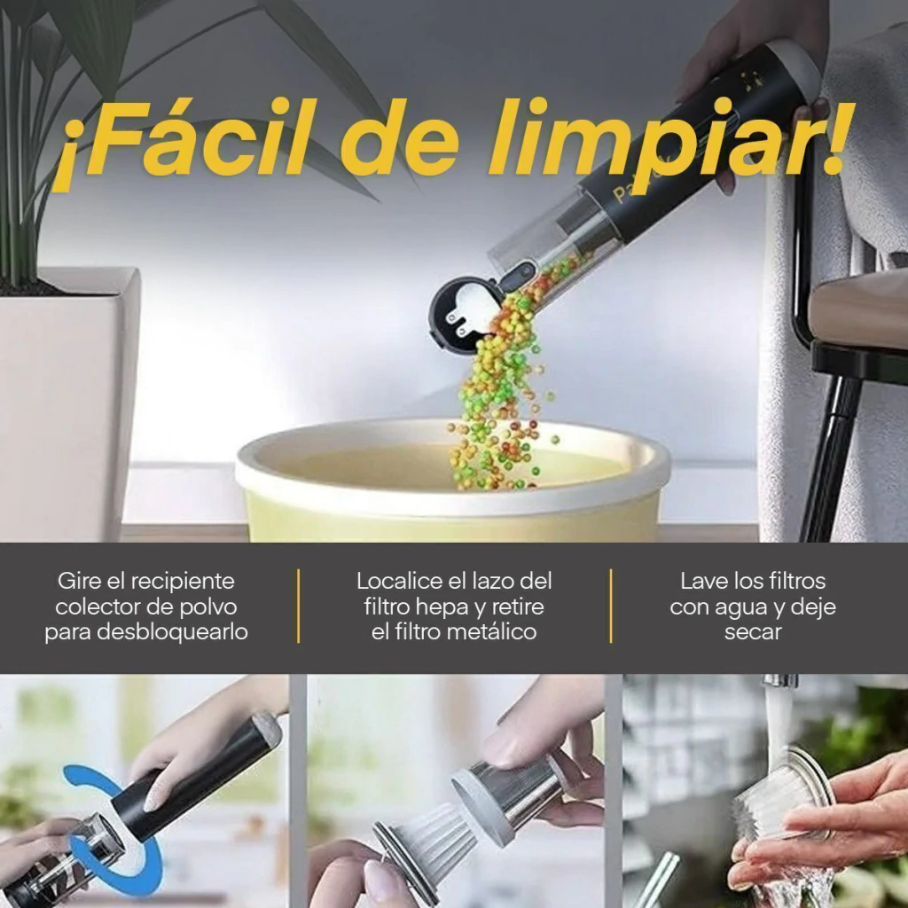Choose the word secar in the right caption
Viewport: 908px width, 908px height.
[753, 631]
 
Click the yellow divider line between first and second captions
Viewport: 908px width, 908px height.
[298, 606]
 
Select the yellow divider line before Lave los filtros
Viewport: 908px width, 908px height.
[611, 606]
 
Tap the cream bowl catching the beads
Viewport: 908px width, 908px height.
[452, 481]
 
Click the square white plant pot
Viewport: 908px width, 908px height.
[64, 405]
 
